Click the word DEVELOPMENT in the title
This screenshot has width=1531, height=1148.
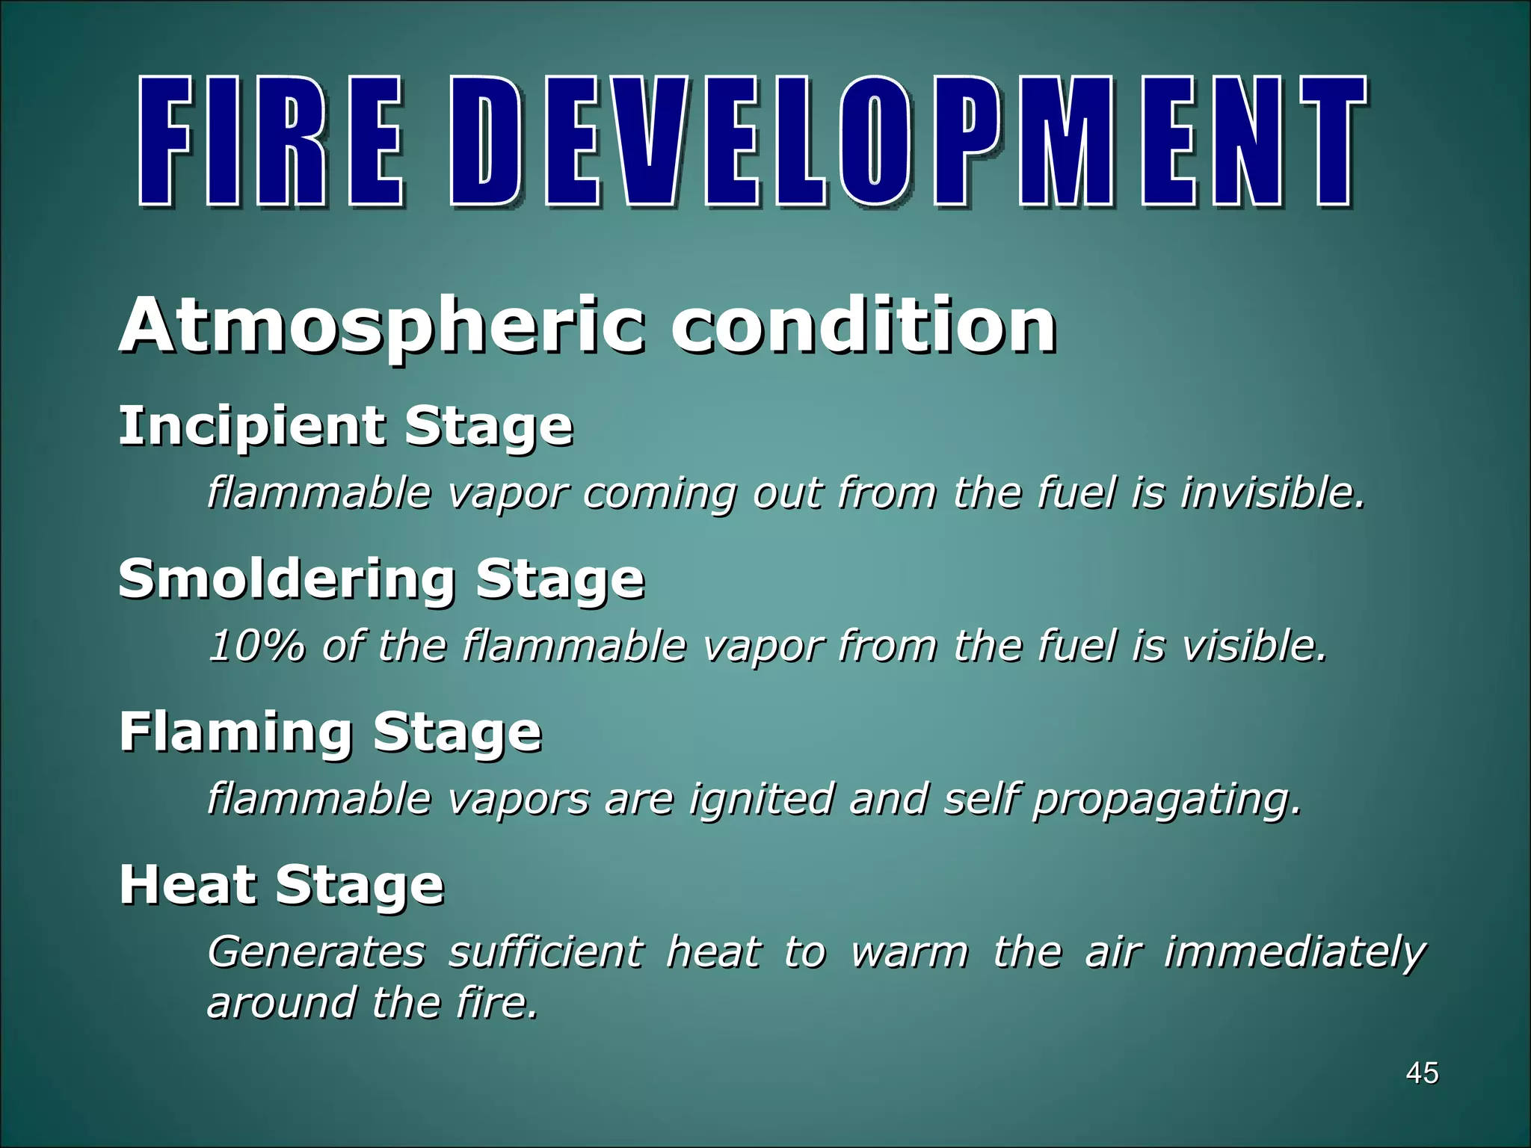pyautogui.click(x=909, y=142)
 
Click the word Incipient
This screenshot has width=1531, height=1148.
pyautogui.click(x=251, y=427)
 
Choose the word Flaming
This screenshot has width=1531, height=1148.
pyautogui.click(x=235, y=732)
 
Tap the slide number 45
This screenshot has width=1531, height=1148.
pyautogui.click(x=1422, y=1073)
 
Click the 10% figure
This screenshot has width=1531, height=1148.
pyautogui.click(x=256, y=646)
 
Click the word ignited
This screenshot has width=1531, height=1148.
pyautogui.click(x=760, y=799)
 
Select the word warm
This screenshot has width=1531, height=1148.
pyautogui.click(x=909, y=953)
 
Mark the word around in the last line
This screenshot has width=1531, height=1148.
pyautogui.click(x=281, y=1002)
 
